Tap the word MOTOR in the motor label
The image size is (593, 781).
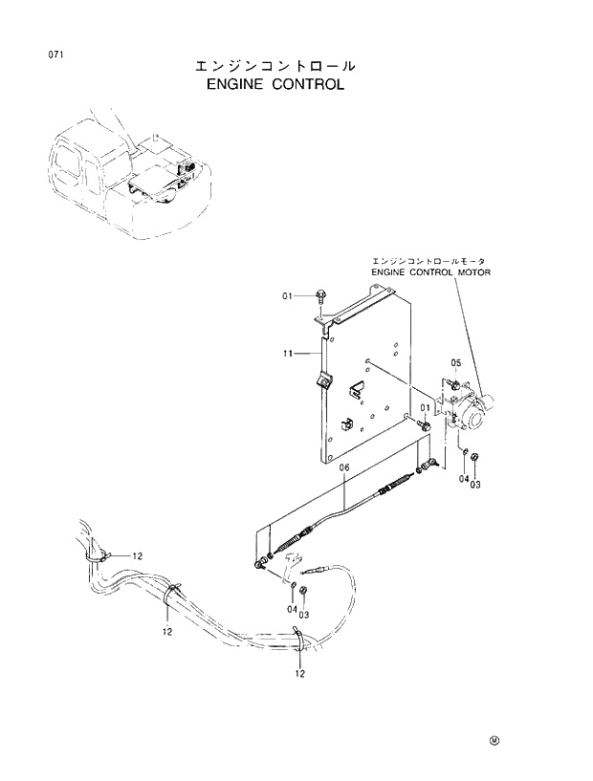[489, 271]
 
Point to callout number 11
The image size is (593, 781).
[287, 354]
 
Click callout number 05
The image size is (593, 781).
[455, 363]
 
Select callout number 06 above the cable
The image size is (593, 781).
[344, 466]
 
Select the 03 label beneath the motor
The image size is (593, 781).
[475, 485]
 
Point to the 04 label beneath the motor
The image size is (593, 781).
[463, 479]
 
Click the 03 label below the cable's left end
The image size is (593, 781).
[303, 615]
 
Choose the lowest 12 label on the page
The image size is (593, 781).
[299, 675]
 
